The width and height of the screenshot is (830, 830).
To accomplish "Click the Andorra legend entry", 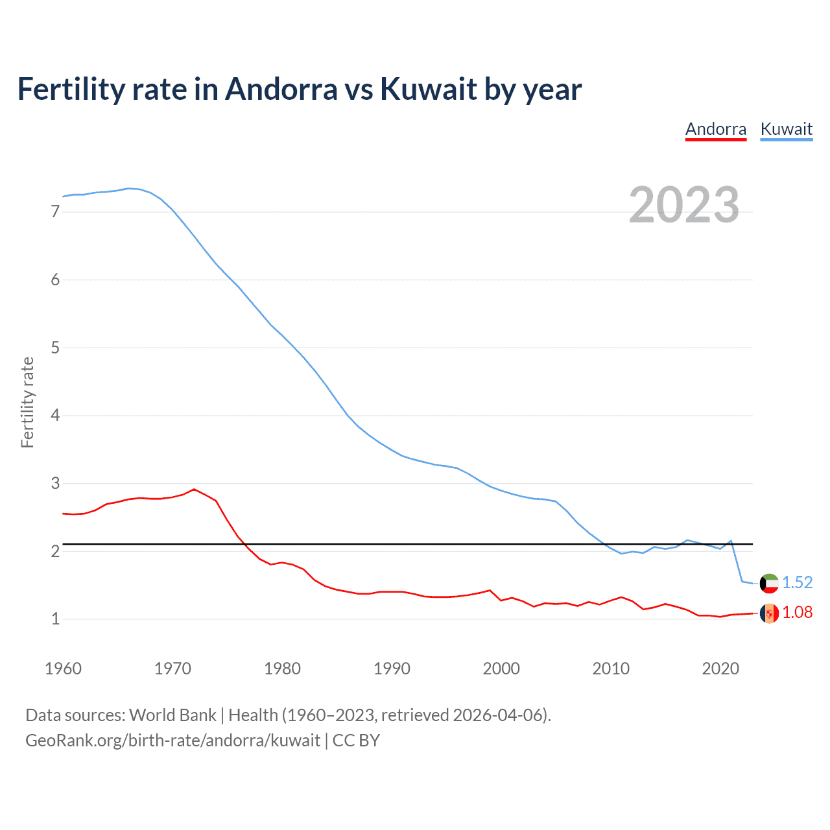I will click(716, 129).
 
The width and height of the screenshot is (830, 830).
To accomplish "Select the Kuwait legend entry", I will click(786, 129).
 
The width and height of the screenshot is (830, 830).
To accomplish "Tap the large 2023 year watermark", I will click(683, 205).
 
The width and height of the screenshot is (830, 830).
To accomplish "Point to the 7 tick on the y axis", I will click(55, 211).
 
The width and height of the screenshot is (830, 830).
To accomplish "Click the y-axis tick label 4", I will click(55, 415).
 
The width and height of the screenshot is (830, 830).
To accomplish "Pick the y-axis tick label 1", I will click(55, 619).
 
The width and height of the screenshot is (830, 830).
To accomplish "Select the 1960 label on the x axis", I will click(63, 669).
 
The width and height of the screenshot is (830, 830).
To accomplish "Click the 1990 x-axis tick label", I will click(392, 669).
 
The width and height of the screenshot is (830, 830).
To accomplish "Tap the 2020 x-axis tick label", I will click(720, 669).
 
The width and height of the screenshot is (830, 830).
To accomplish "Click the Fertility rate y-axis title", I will click(27, 402).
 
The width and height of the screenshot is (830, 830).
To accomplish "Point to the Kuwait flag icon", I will click(769, 583).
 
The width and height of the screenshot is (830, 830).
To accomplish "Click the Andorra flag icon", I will click(769, 613).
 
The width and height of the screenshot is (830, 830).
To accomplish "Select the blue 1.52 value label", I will click(797, 582).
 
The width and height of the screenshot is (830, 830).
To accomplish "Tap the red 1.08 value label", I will click(797, 612).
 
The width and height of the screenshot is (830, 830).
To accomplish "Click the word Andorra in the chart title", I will click(281, 89).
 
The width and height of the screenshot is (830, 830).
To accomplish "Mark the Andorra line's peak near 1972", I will click(194, 489).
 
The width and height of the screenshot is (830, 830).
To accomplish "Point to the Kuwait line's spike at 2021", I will click(731, 540).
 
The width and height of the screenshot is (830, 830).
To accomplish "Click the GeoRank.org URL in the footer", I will click(172, 740).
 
